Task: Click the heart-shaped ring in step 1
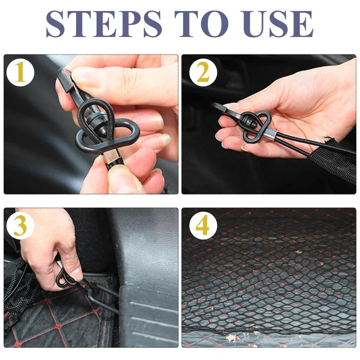(x=108, y=135)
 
